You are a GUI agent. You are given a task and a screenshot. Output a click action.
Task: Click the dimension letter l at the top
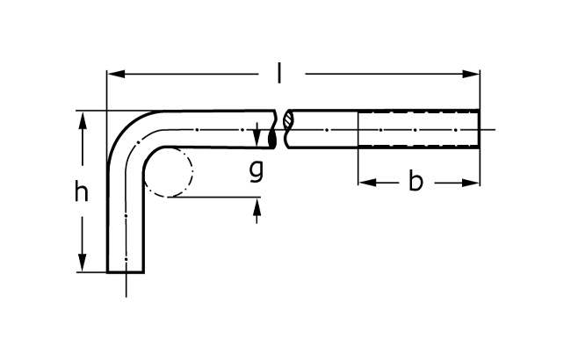(x=279, y=73)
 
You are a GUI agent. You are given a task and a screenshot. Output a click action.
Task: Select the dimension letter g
(x=257, y=170)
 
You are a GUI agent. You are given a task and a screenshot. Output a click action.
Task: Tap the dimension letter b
(x=416, y=180)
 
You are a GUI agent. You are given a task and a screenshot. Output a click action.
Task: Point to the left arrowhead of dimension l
(x=117, y=75)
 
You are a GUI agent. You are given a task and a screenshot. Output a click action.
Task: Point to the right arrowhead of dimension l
(x=471, y=75)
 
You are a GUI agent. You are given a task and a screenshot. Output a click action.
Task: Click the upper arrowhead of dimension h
(x=83, y=121)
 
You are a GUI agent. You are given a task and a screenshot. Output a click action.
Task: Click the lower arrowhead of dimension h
(x=83, y=262)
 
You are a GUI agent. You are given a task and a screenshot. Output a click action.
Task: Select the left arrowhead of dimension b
(x=367, y=183)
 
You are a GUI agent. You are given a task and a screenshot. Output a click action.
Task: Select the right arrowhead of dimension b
(x=471, y=183)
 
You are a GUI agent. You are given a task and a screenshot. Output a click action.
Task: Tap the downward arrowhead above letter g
(x=257, y=138)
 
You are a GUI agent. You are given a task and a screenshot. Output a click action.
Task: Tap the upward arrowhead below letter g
(x=257, y=206)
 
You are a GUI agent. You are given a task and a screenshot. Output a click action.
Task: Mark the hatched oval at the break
(x=288, y=119)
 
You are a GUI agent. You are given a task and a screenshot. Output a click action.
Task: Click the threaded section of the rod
(x=419, y=129)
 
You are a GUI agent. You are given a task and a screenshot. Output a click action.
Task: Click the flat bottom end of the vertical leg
(x=126, y=271)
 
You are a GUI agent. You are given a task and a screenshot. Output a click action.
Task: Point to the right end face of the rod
(x=479, y=129)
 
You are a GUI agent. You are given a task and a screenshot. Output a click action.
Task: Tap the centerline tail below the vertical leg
(x=126, y=285)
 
